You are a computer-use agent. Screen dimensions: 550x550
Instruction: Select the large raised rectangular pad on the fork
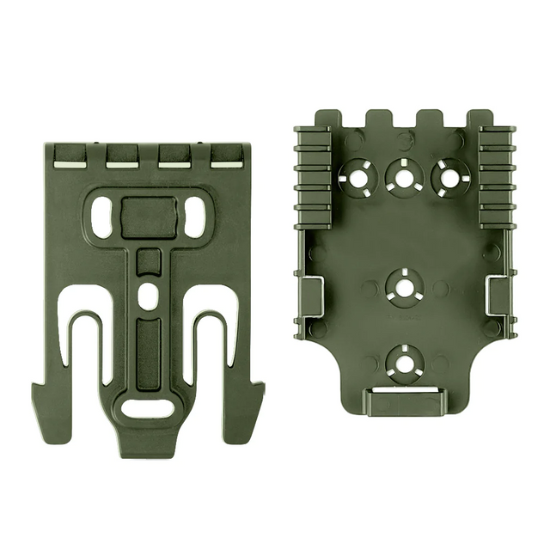tap(149, 217)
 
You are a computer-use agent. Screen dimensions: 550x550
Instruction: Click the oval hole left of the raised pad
tap(101, 217)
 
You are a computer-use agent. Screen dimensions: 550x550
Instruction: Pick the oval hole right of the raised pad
tap(195, 217)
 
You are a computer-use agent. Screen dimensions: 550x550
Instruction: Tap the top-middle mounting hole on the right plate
tap(403, 176)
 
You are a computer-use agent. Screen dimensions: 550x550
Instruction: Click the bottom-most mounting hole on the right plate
tap(403, 361)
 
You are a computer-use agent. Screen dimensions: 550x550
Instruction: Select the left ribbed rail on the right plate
tap(313, 178)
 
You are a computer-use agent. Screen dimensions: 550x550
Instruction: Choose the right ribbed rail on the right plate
tap(497, 178)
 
